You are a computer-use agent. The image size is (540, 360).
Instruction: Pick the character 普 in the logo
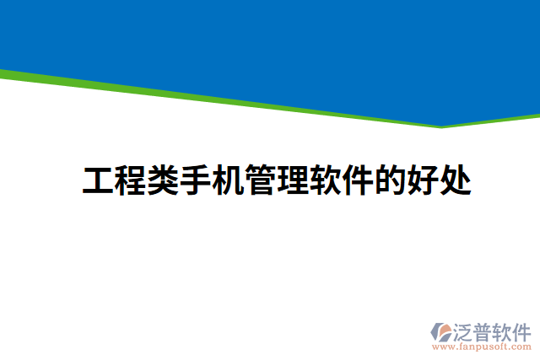pyautogui.click(x=484, y=330)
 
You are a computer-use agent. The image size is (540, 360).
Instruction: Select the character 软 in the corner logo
pyautogui.click(x=504, y=330)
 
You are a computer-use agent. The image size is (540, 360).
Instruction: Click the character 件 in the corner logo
pyautogui.click(x=522, y=330)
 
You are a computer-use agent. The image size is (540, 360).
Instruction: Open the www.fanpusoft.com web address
pyautogui.click(x=481, y=347)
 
